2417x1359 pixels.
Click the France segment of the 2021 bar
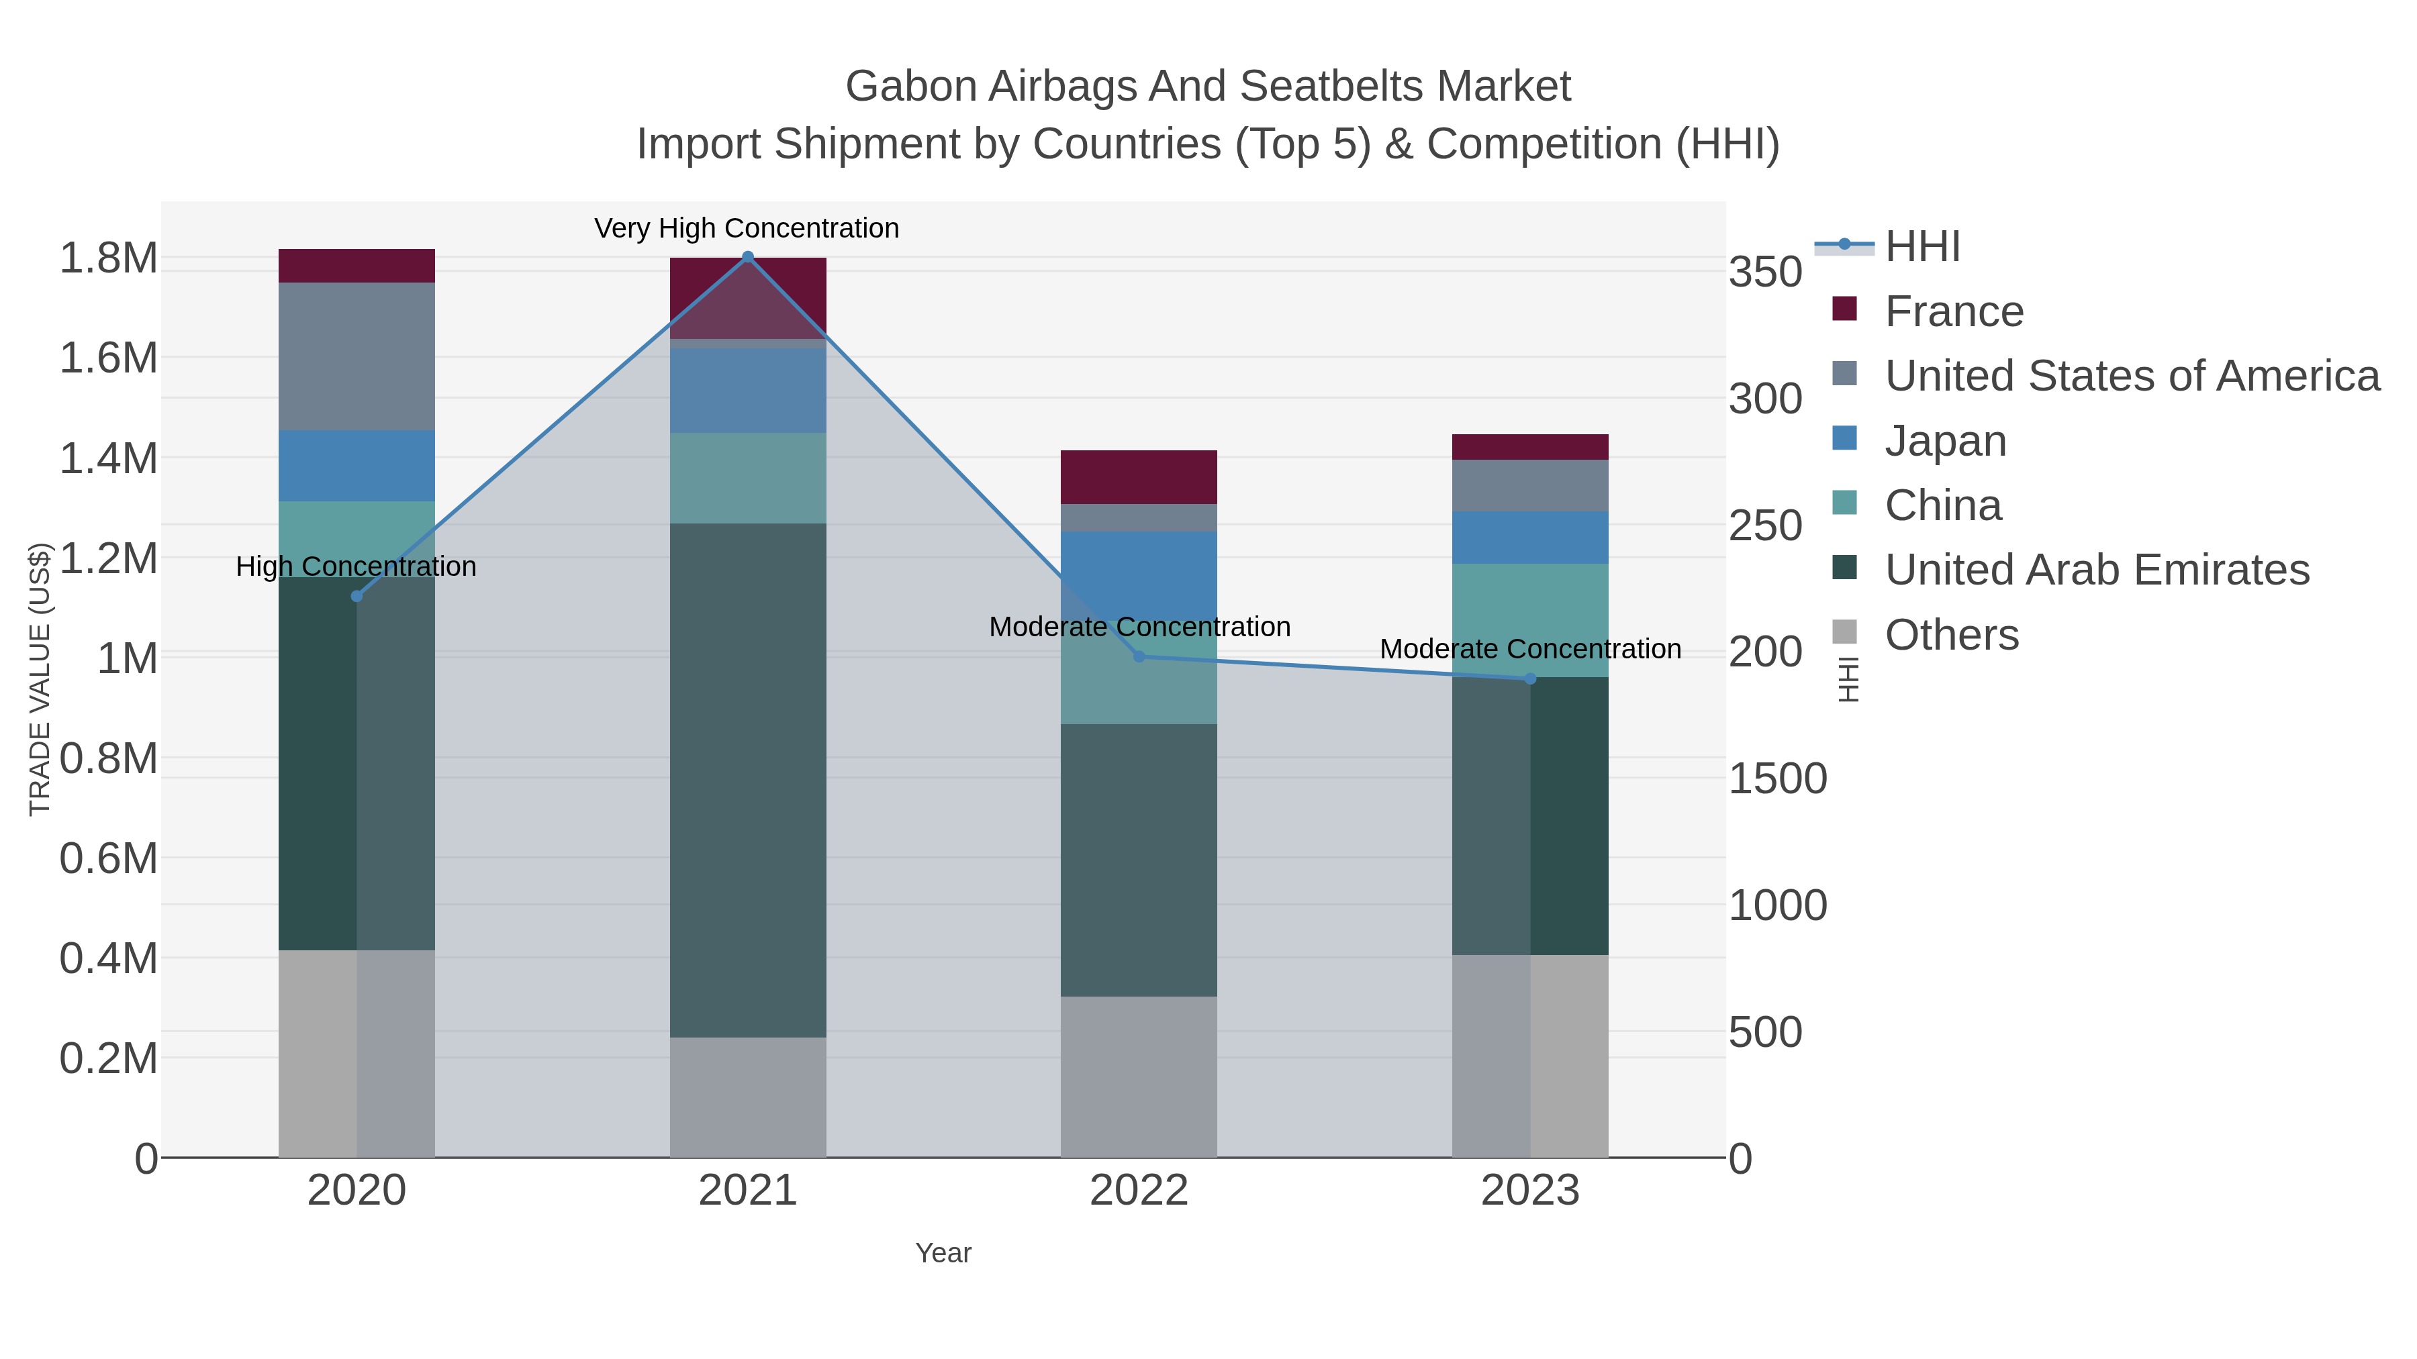pyautogui.click(x=748, y=297)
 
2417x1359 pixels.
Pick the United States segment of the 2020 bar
pyautogui.click(x=357, y=356)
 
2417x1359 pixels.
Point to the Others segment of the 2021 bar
pyautogui.click(x=748, y=1097)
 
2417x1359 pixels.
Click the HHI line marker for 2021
pyautogui.click(x=748, y=257)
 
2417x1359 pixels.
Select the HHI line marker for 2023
pyautogui.click(x=1530, y=678)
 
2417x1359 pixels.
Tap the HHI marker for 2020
pyautogui.click(x=357, y=595)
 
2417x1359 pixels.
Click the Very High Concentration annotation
pyautogui.click(x=747, y=228)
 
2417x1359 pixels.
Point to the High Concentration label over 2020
pyautogui.click(x=356, y=566)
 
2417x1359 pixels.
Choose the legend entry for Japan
pyautogui.click(x=1944, y=441)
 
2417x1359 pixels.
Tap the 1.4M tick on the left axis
pyautogui.click(x=108, y=458)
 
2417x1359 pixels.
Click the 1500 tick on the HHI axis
pyautogui.click(x=1777, y=778)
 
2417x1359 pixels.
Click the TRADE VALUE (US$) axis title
pyautogui.click(x=40, y=679)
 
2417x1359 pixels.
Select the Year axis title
pyautogui.click(x=943, y=1253)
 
